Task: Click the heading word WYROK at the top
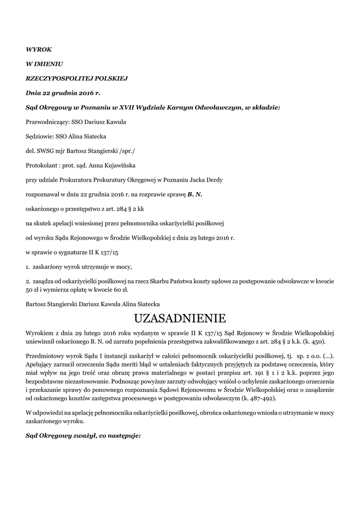pos(38,50)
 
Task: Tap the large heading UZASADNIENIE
pos(180,317)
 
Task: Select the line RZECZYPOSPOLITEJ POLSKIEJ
pos(77,78)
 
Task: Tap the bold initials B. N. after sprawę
pos(195,194)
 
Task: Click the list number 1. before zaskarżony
pos(29,267)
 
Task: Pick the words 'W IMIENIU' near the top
pos(44,64)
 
